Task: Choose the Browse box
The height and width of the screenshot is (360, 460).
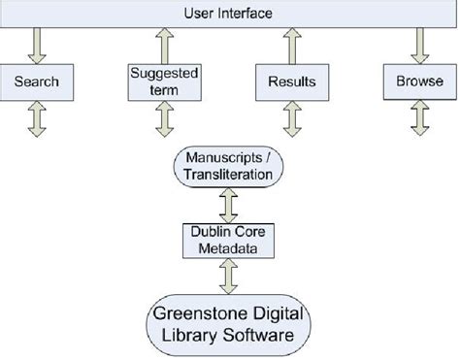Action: (x=420, y=82)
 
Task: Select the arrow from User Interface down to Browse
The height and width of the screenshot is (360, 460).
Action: (x=420, y=44)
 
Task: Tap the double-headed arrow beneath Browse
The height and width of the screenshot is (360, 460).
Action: (x=420, y=118)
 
